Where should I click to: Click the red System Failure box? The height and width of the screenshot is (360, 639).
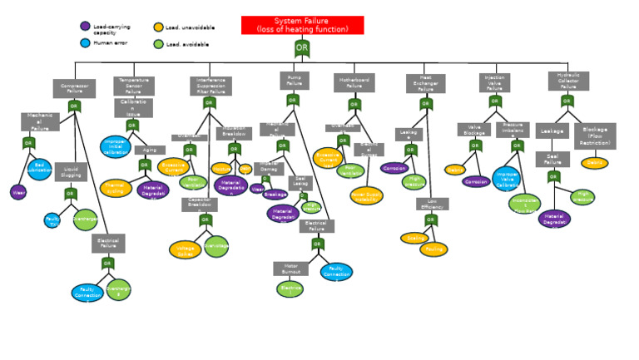click(302, 25)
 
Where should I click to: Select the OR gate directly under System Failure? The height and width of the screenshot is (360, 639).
click(302, 48)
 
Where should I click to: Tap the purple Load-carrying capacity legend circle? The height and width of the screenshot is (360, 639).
click(85, 27)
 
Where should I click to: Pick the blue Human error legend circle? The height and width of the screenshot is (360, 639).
click(85, 43)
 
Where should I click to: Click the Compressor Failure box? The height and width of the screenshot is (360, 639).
click(74, 88)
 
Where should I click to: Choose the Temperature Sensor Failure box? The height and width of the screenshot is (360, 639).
click(133, 86)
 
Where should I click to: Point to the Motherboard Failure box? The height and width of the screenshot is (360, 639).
click(354, 83)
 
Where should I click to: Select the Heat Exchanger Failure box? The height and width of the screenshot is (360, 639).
click(425, 83)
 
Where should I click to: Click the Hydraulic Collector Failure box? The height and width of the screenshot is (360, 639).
click(568, 81)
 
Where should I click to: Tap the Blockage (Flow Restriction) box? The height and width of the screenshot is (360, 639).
click(595, 136)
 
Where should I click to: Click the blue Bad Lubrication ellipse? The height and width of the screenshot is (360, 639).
click(39, 170)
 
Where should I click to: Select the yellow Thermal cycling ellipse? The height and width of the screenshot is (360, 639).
click(116, 189)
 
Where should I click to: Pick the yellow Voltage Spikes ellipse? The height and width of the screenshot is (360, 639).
click(185, 249)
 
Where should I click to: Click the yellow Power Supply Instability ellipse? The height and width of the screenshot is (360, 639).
click(366, 196)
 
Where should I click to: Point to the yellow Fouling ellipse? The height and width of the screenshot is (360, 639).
click(433, 249)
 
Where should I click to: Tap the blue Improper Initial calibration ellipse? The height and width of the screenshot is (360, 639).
click(116, 147)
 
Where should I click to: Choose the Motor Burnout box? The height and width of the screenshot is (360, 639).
click(290, 269)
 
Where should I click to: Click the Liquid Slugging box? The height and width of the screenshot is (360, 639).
click(71, 172)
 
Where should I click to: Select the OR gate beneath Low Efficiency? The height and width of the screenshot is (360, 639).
click(430, 220)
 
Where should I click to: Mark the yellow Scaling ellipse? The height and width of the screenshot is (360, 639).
click(414, 239)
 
